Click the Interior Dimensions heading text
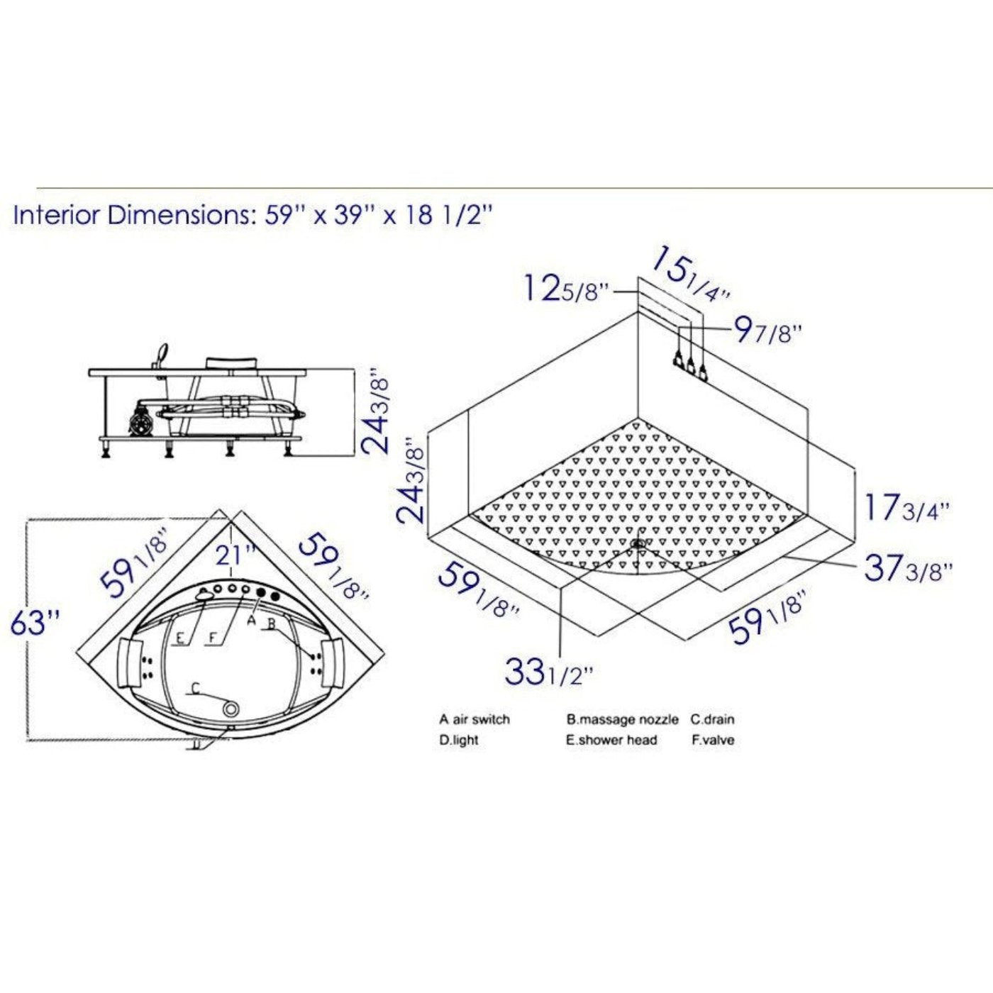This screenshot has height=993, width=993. tap(252, 215)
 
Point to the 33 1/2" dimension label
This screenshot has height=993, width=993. tap(547, 672)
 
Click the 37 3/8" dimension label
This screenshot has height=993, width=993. tap(908, 568)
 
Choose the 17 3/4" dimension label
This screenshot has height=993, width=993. tap(906, 508)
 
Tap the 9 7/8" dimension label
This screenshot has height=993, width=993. tap(768, 331)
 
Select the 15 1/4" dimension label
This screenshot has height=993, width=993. tap(690, 274)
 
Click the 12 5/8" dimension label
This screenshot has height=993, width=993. tap(566, 289)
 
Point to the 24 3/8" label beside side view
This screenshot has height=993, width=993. tap(375, 411)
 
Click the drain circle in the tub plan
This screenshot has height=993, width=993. tap(231, 709)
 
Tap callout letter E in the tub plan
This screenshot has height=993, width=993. tap(180, 638)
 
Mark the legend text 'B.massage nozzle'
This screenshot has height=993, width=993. tap(622, 719)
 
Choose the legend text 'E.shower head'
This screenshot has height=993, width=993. tap(611, 740)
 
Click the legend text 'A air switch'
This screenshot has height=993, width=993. tap(474, 719)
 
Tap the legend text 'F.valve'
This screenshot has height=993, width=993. tap(713, 740)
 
